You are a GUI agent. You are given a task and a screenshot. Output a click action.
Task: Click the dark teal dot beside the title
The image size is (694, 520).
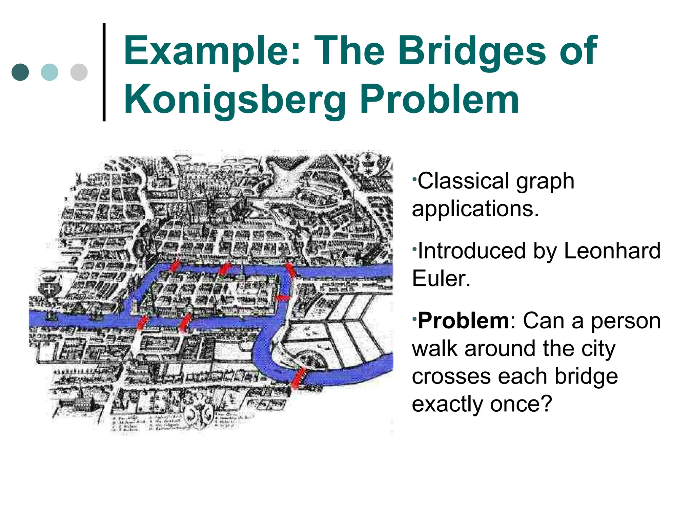(x=20, y=72)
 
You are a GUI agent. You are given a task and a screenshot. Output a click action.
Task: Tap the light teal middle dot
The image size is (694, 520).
(x=49, y=72)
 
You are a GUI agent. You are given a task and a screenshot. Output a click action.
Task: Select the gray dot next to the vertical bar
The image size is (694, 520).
(x=79, y=72)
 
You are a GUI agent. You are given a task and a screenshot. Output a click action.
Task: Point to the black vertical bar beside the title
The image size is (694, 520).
(x=104, y=72)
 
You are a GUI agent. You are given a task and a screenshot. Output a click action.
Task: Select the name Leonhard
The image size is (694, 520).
(x=612, y=251)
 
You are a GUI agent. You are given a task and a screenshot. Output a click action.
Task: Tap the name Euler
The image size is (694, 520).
(x=441, y=279)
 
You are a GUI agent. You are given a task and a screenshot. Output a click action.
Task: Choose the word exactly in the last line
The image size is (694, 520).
(x=447, y=404)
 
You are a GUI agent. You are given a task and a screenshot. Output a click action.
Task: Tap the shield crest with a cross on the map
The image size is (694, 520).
(x=49, y=288)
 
